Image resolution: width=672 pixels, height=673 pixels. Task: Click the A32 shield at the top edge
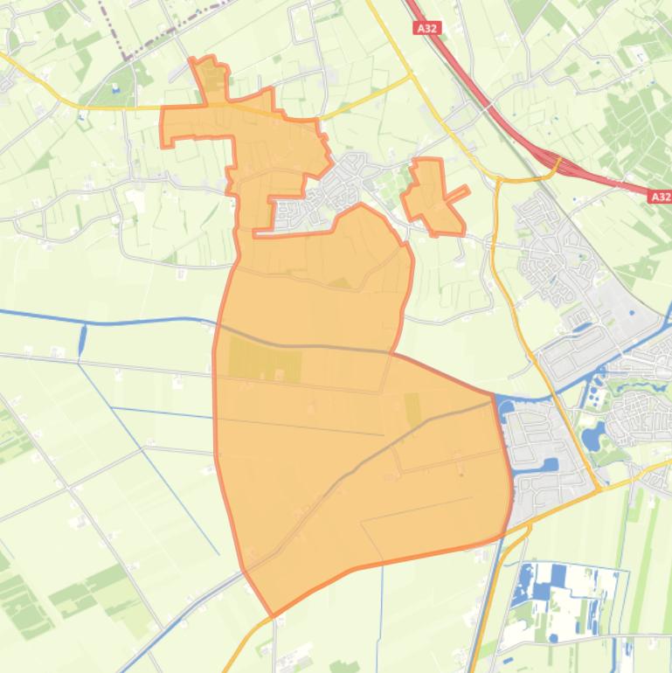[427, 29]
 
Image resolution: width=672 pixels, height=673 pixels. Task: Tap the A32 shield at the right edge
[660, 198]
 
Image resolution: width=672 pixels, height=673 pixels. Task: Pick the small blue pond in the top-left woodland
[115, 88]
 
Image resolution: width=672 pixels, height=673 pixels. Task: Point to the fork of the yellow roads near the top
[412, 76]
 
